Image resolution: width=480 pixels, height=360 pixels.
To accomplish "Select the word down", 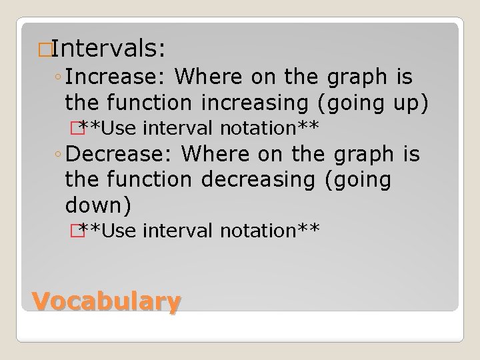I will [93, 204].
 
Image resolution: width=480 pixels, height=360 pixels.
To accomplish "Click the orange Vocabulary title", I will [107, 302].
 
